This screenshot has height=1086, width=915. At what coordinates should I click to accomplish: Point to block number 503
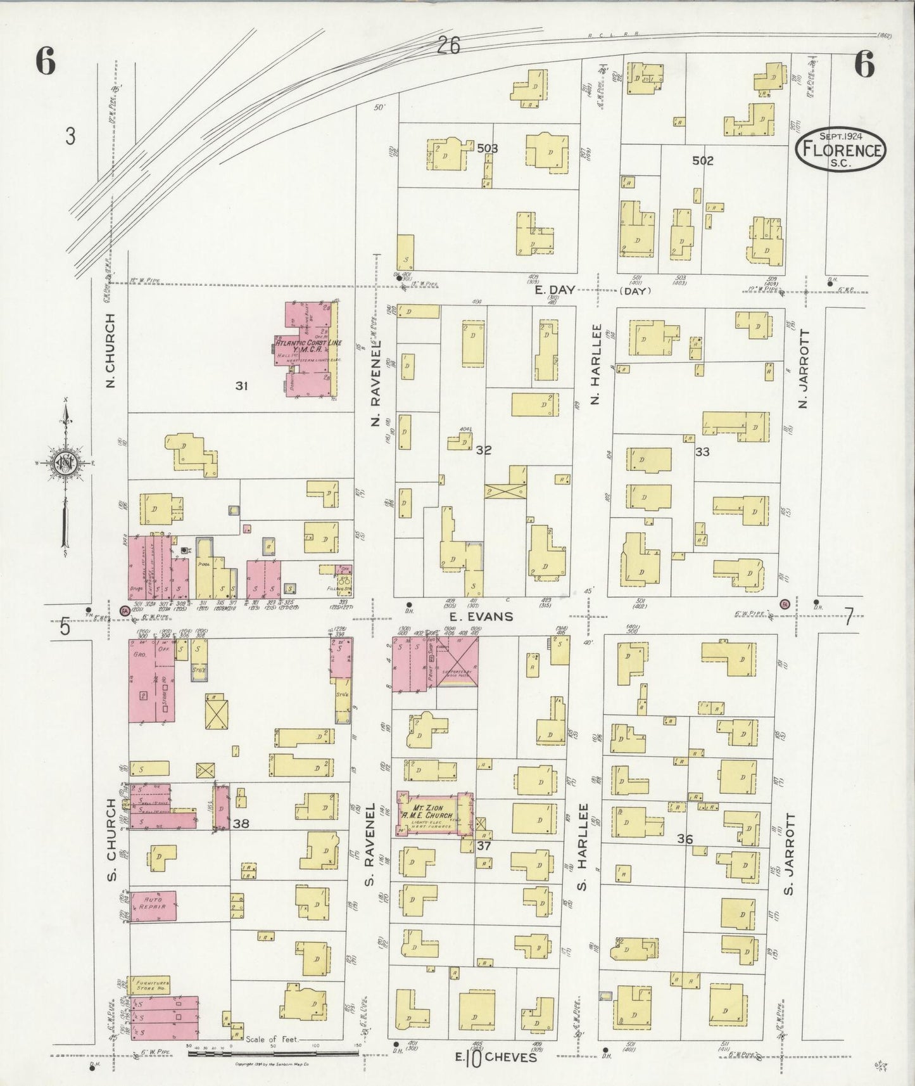pyautogui.click(x=488, y=149)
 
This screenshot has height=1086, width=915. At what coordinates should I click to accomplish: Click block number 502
pyautogui.click(x=702, y=161)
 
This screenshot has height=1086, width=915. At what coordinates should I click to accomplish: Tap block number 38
pyautogui.click(x=241, y=824)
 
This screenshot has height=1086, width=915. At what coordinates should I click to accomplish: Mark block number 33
pyautogui.click(x=702, y=452)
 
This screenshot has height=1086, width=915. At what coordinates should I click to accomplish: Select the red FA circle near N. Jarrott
pyautogui.click(x=785, y=603)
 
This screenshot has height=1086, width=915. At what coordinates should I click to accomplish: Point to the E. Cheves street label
pyautogui.click(x=495, y=1057)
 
